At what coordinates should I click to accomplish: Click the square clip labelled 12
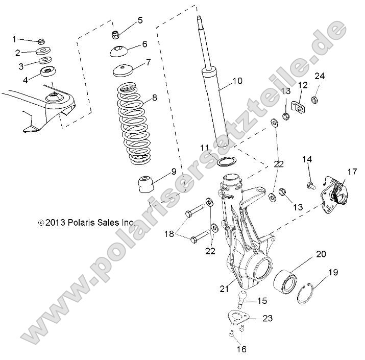pos(301,106)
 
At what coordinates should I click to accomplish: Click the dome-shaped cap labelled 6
pos(118,52)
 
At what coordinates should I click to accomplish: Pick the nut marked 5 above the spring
pos(115,35)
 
